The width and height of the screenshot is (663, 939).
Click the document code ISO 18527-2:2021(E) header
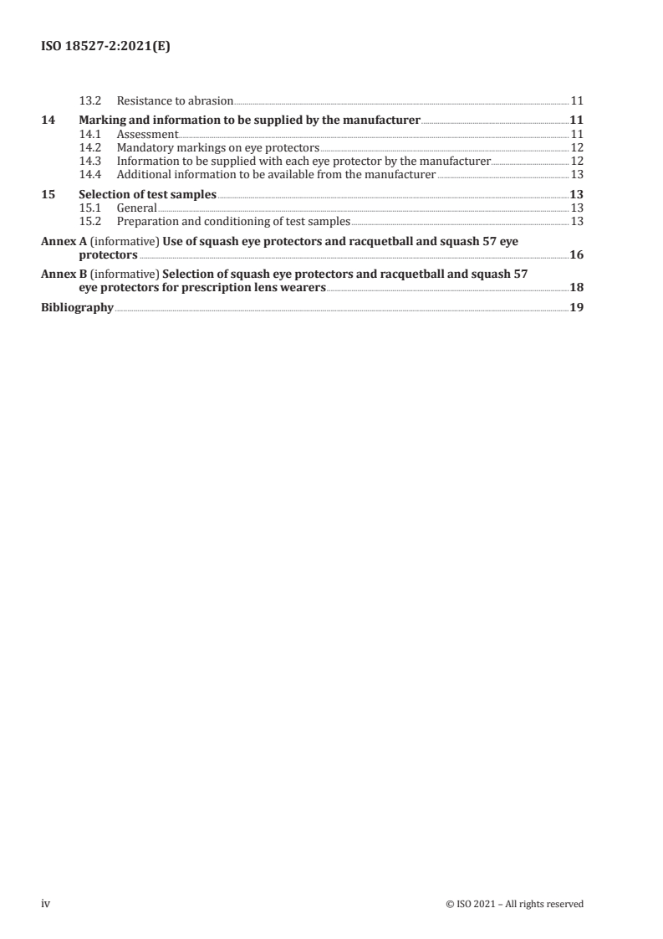pos(106,48)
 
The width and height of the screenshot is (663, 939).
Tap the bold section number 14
pos(48,120)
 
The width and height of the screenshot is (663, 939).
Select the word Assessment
pos(147,133)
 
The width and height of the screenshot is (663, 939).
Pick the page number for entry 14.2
pos(576,147)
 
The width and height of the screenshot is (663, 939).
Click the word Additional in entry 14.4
pos(144,174)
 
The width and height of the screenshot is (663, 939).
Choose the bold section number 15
pos(48,194)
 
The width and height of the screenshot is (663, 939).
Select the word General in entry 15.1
pos(136,208)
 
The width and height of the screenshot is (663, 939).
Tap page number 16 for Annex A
pos(576,254)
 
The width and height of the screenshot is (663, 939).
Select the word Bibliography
pos(77,307)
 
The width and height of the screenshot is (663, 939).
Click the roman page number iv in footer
pos(46,903)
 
